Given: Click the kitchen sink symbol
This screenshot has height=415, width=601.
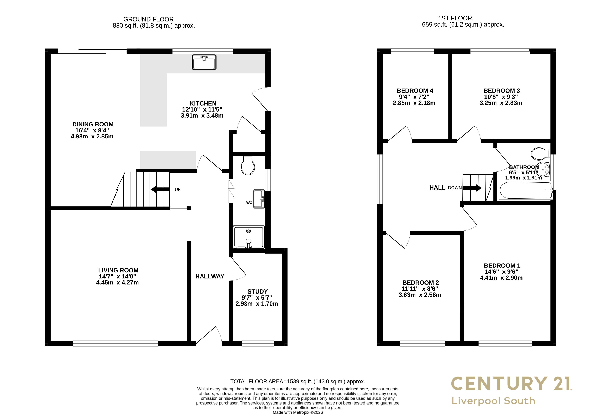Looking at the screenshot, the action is tap(204, 62).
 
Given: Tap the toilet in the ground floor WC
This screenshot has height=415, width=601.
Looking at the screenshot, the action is tap(248, 165).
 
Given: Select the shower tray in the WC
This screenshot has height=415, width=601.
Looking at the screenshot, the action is tap(249, 237).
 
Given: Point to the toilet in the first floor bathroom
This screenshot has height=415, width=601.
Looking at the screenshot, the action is tap(540, 154).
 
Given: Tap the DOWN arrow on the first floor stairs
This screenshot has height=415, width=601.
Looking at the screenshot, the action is tap(472, 188).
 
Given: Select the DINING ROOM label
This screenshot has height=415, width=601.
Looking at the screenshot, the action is tap(93, 124).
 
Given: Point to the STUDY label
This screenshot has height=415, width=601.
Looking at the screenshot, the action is tap(257, 291).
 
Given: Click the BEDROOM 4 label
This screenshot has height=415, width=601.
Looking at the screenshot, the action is tap(415, 91).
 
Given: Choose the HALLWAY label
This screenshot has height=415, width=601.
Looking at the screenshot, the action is tap(210, 276).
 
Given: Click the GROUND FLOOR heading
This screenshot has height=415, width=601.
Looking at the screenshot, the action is tap(149, 19).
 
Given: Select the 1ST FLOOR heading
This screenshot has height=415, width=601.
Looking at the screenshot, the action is tap(455, 18).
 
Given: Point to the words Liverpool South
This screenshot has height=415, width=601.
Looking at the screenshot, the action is tap(493, 401).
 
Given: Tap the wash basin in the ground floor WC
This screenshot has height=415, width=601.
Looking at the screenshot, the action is tap(259, 199).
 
